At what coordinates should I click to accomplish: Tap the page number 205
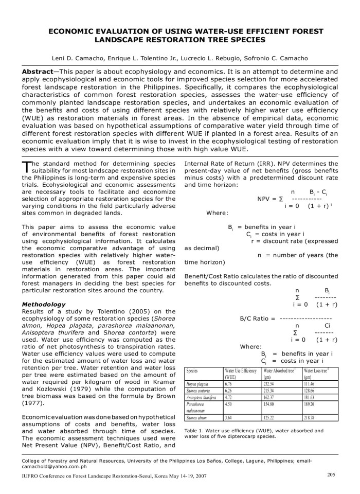[332, 474]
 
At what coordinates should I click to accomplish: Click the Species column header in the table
[192, 370]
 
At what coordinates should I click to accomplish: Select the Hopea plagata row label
[199, 383]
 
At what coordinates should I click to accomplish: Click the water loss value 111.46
[311, 383]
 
